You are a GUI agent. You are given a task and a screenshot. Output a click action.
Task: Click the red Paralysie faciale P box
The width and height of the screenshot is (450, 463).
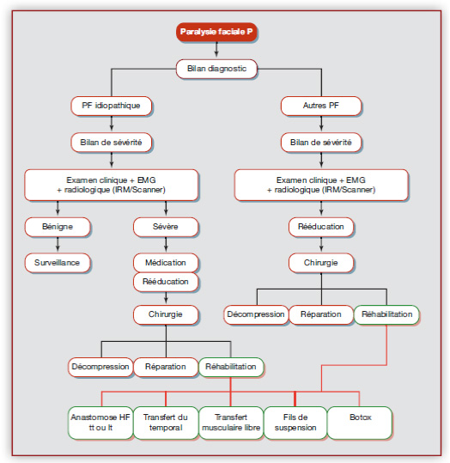[x=216, y=32]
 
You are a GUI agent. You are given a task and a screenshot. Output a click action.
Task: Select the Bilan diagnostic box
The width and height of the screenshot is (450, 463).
[x=216, y=69]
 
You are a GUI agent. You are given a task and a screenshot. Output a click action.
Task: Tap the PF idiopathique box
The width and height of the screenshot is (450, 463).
[x=112, y=106]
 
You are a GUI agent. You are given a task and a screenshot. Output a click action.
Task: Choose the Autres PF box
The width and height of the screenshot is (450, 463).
[x=321, y=106]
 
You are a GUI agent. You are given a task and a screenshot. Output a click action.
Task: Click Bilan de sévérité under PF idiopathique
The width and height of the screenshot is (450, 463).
[x=112, y=143]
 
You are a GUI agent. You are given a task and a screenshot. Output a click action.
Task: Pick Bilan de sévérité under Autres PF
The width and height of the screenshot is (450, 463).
[x=321, y=143]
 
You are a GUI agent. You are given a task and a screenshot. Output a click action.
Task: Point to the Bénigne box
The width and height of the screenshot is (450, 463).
[x=58, y=227]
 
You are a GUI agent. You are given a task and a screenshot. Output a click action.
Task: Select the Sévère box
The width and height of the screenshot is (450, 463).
[x=166, y=227]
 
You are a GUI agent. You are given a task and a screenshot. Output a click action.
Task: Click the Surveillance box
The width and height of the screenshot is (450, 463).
[x=58, y=263]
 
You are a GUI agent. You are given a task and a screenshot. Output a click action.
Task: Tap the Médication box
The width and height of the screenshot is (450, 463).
[x=166, y=263]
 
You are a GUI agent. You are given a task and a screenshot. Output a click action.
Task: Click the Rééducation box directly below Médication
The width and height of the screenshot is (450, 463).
[x=166, y=282]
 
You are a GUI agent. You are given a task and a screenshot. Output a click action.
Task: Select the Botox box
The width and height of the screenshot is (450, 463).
[x=360, y=423]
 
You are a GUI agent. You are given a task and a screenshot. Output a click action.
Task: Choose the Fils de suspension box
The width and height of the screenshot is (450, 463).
[x=295, y=423]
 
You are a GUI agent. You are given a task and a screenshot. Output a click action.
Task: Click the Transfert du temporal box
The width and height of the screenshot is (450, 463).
[x=166, y=423]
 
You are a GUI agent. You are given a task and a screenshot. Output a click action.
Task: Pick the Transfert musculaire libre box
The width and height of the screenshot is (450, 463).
[x=231, y=423]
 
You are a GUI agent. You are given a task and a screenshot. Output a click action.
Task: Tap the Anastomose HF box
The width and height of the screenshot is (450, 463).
[x=100, y=423]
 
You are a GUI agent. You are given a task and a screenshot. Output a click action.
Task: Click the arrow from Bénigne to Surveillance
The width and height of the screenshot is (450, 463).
[x=58, y=245]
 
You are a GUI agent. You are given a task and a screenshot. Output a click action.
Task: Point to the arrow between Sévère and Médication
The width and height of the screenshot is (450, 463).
[x=166, y=245]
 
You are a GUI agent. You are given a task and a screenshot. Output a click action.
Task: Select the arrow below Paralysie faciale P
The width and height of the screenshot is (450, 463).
[x=216, y=50]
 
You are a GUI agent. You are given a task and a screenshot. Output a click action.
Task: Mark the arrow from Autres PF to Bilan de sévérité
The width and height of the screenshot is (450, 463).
[x=321, y=124]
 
